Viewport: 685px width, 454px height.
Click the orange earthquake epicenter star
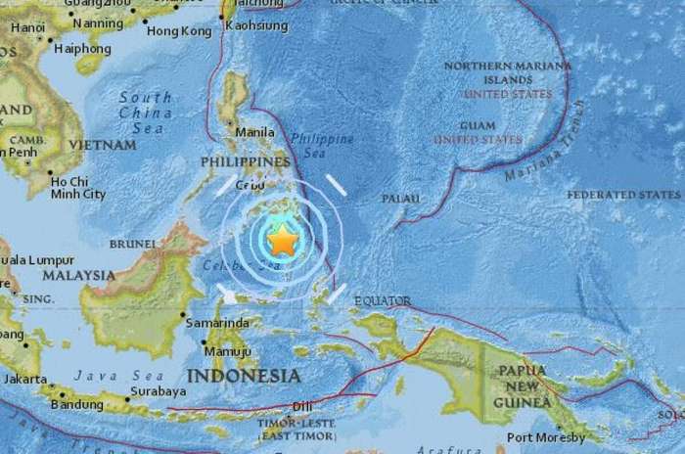[282, 239]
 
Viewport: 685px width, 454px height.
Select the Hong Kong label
[178, 31]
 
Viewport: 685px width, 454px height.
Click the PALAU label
[400, 199]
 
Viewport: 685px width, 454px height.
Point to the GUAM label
[478, 126]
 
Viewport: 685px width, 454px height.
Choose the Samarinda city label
[216, 323]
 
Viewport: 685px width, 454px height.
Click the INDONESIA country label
[244, 376]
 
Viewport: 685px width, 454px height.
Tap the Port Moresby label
[546, 437]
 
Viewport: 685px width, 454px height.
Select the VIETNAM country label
[102, 145]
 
